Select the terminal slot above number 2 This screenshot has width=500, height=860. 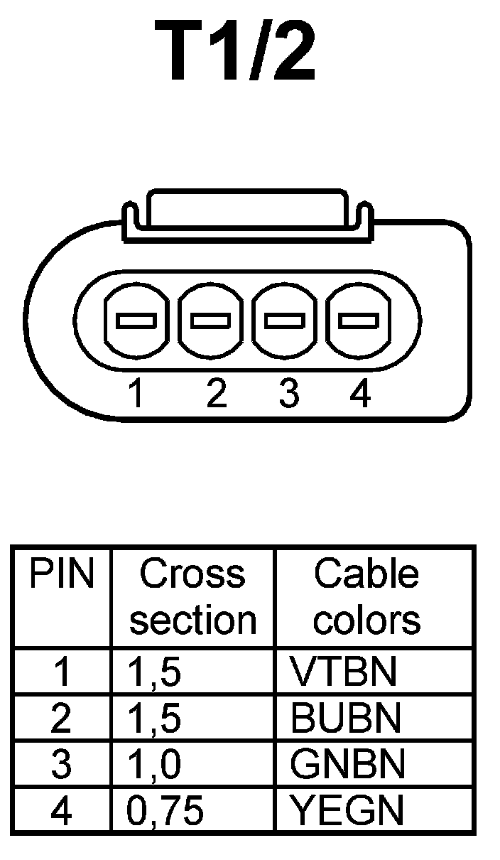point(210,321)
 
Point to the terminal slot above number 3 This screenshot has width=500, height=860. point(285,321)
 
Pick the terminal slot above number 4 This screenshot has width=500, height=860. point(359,321)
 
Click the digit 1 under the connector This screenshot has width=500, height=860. point(136,394)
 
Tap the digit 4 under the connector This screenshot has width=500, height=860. point(361,394)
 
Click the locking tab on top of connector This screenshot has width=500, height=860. point(246,210)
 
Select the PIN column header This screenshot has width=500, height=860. point(61,576)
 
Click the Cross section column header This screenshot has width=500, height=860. point(192,597)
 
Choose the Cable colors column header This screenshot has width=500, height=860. point(366,597)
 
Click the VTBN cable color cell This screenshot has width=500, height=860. point(343,672)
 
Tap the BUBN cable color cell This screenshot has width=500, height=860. point(346,719)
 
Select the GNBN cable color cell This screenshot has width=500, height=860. point(347,765)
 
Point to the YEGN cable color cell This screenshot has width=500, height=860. point(347,811)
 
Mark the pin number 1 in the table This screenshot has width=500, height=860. point(62,672)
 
